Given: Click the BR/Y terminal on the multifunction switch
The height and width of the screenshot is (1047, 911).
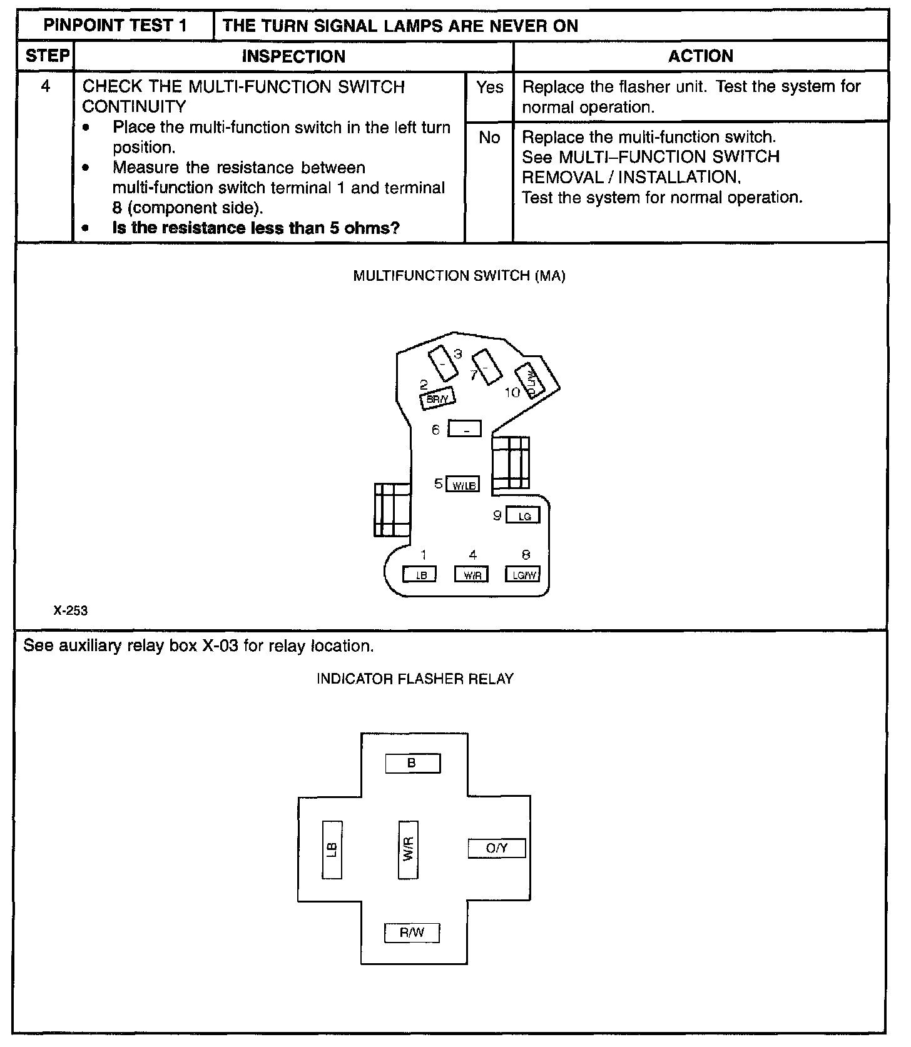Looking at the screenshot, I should click(x=437, y=398).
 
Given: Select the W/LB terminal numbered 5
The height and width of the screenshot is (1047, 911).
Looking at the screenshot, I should click(x=463, y=485).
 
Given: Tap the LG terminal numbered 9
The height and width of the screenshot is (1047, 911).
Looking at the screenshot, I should click(x=522, y=515).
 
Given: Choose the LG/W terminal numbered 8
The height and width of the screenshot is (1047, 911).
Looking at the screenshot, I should click(x=522, y=575).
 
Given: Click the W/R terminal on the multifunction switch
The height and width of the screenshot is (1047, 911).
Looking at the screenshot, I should click(x=471, y=575).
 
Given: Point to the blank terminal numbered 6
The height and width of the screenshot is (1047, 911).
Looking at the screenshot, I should click(x=465, y=430).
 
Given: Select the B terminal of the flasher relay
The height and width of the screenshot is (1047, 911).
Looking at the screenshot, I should click(x=412, y=764).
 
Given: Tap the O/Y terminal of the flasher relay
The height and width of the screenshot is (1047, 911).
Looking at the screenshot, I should click(x=497, y=848).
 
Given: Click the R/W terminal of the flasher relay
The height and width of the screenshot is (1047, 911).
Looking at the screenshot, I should click(x=412, y=933).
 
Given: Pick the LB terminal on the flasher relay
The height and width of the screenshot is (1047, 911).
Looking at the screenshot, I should click(x=332, y=849).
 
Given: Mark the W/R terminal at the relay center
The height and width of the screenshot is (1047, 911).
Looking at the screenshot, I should click(x=408, y=849).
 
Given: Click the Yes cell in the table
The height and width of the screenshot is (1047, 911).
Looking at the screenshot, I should click(x=489, y=88).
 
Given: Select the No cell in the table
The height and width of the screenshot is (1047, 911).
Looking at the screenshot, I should click(x=489, y=138).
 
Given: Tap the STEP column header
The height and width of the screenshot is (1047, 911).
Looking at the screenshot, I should click(x=46, y=56).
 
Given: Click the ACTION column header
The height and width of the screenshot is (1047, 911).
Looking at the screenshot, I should click(x=700, y=56).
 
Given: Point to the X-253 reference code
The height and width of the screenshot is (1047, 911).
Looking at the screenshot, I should click(x=71, y=610).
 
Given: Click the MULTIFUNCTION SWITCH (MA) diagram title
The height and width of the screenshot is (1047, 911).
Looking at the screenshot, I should click(x=459, y=276).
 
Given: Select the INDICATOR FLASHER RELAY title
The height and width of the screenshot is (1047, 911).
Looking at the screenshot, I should click(x=415, y=679).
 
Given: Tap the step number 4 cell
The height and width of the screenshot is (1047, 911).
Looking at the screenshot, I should click(x=46, y=86).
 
